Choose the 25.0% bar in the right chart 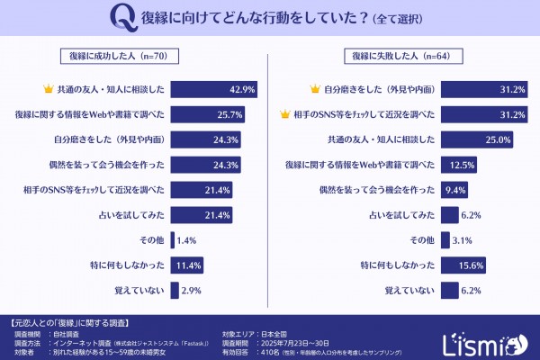coord(476,139)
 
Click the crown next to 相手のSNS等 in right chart coord(285,114)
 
